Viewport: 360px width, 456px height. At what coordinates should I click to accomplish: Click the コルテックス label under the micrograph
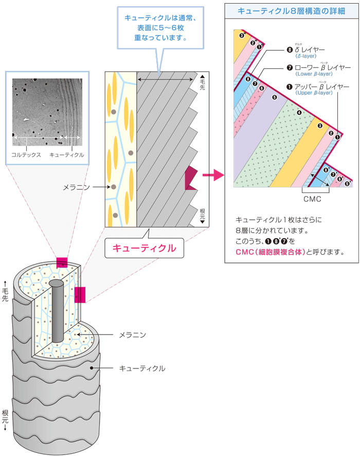coord(26,154)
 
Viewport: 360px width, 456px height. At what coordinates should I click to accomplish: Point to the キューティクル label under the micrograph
coord(67,154)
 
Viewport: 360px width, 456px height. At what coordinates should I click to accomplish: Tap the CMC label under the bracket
coord(313,198)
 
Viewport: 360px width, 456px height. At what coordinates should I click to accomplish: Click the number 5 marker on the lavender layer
coord(275,97)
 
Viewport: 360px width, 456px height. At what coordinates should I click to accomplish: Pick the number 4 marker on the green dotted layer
coord(299,112)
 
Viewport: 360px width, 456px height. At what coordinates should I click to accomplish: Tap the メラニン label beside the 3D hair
coord(133,335)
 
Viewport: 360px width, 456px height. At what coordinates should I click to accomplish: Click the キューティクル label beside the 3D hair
coord(142,369)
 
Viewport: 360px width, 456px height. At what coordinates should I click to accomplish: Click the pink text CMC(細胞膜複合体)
coord(270,252)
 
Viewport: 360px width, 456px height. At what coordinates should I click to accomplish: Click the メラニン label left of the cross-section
coord(76,187)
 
